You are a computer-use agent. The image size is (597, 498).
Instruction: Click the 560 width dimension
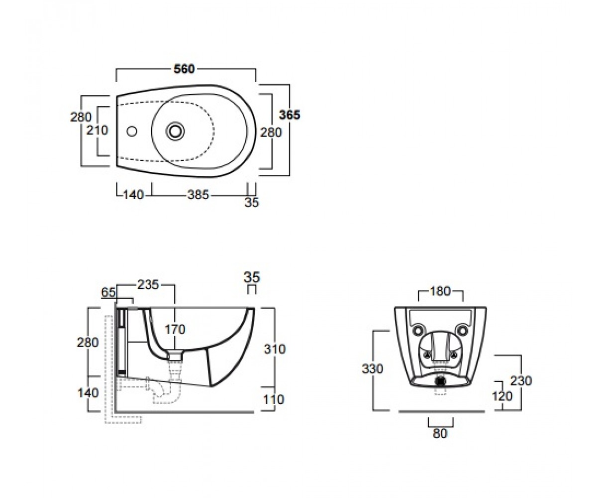[184, 69]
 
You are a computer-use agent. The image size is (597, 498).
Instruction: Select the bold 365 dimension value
[290, 115]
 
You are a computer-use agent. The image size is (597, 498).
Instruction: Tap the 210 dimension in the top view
[97, 130]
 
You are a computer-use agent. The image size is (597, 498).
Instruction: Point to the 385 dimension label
[199, 195]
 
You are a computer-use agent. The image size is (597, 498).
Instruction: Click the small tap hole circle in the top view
[132, 131]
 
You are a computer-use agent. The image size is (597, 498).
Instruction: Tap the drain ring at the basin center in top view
[175, 131]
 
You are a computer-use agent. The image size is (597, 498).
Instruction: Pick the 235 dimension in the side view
[148, 284]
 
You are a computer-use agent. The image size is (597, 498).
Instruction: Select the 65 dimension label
[108, 292]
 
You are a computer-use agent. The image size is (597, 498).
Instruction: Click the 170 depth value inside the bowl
[175, 329]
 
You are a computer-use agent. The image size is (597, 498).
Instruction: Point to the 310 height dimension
[275, 349]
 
